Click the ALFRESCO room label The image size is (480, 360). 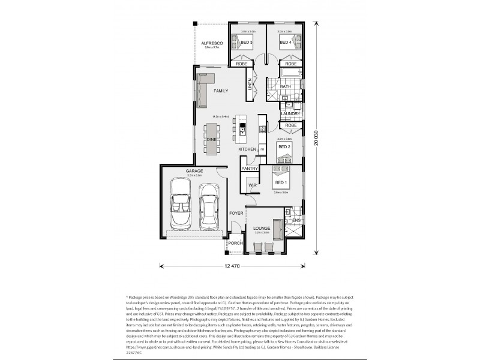pos(212,44)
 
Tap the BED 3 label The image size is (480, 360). pos(247,43)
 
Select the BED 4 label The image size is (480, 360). pos(285,43)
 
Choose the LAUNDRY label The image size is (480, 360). pos(290,113)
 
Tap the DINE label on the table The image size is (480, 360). pos(211,139)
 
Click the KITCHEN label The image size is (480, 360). pos(247,149)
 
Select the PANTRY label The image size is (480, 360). pos(250,169)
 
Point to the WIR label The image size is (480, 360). pos(253,186)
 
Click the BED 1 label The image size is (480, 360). pos(281,182)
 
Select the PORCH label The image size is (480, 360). pos(235,243)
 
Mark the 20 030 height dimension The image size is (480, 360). pos(319,136)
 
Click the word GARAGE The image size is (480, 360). pos(194,171)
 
